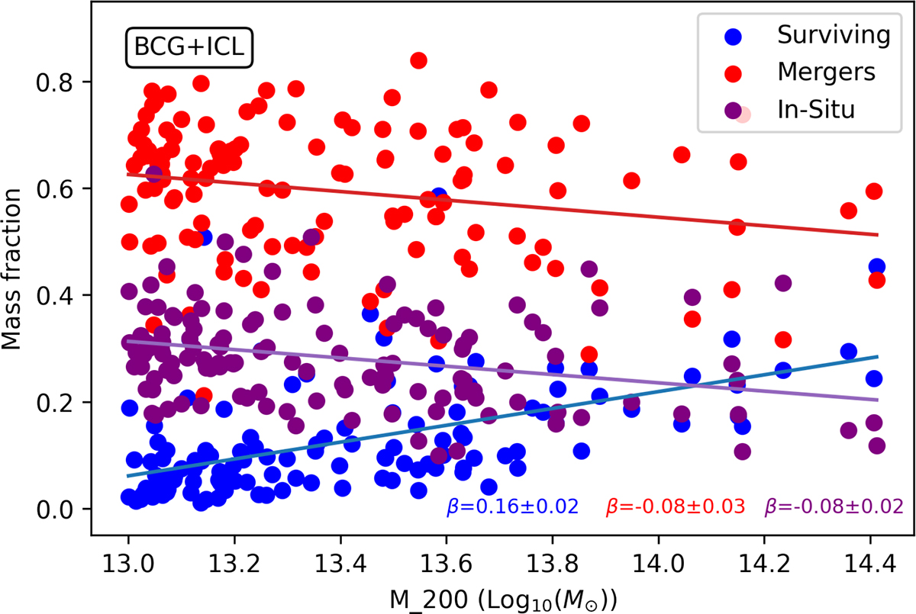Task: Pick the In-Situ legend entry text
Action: tap(814, 108)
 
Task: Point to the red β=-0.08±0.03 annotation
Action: tap(675, 506)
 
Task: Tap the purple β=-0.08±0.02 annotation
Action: tap(834, 506)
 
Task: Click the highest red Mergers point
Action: tap(418, 60)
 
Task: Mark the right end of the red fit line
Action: tap(878, 235)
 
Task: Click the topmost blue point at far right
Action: tap(876, 267)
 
